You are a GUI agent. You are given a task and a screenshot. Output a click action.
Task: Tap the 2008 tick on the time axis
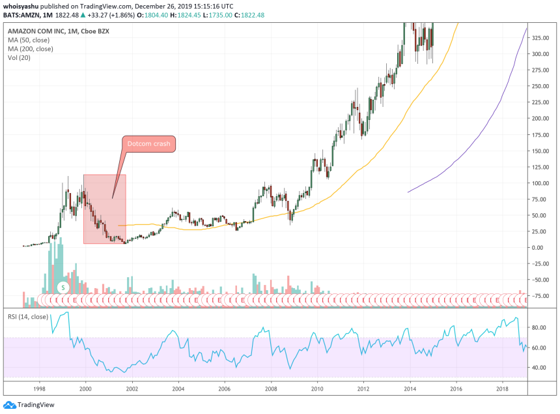270,387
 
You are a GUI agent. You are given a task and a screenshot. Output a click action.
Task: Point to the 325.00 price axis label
539,38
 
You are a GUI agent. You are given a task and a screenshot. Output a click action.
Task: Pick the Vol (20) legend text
21,57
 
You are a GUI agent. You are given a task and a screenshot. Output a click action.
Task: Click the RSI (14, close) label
28,317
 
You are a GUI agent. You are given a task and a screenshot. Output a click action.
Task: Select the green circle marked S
63,287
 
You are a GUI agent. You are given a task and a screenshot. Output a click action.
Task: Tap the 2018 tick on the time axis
502,387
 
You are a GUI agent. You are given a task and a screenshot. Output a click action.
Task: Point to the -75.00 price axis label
539,296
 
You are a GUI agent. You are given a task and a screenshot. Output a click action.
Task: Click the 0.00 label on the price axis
539,248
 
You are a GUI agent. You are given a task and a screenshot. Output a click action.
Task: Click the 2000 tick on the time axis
85,387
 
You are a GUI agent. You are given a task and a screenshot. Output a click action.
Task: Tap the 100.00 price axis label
539,183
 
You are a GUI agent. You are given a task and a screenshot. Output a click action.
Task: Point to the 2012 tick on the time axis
363,387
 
